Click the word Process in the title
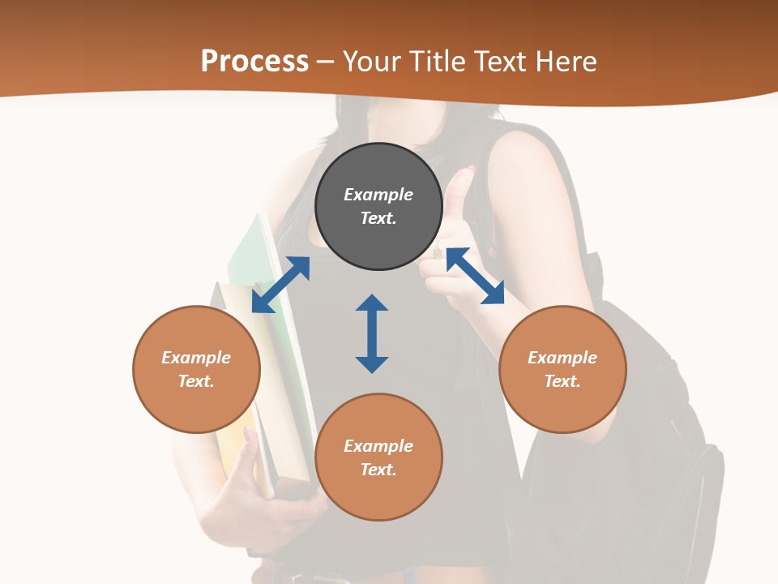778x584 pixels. [254, 62]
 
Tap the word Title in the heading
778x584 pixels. [438, 62]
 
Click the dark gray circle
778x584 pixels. [378, 207]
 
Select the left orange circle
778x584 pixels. [196, 369]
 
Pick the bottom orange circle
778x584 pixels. [378, 457]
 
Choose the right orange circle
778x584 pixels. [562, 369]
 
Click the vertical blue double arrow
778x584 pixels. [372, 333]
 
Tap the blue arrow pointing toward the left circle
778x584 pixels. [280, 285]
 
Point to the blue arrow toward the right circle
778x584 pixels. [475, 276]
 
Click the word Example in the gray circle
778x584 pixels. [378, 195]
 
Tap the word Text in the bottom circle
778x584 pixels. [378, 470]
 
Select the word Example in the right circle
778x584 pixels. [562, 358]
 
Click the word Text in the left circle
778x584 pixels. [196, 381]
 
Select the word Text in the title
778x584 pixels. [498, 62]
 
